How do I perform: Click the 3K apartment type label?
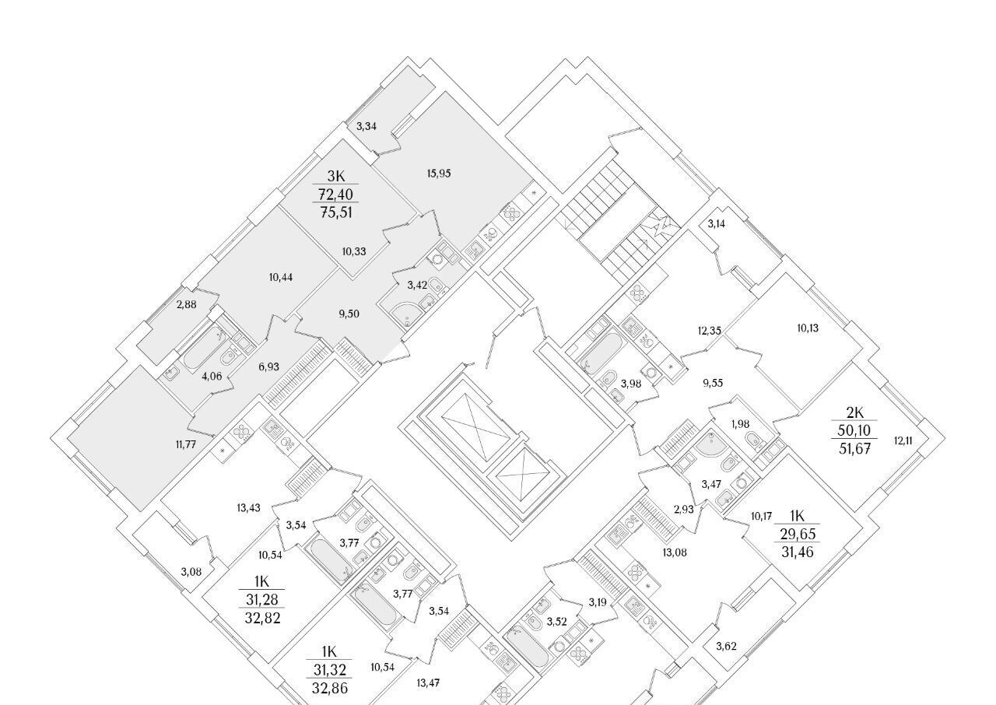coord(335,176)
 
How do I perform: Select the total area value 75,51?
coord(335,212)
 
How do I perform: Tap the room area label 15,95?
coord(439,174)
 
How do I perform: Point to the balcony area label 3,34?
coord(366,127)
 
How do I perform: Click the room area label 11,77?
coord(186,444)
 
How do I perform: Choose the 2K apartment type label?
coord(854,413)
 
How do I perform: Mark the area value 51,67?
coord(854,449)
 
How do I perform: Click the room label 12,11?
coord(903,441)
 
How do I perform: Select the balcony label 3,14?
coord(717,224)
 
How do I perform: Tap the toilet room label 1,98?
coord(740,424)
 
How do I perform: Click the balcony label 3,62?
coord(726,647)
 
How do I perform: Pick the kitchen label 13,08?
coord(675,552)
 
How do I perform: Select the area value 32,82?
coord(262,618)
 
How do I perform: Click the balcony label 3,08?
coord(191,572)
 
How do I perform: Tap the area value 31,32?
coord(329,670)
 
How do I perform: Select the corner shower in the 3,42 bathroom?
coord(409,314)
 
